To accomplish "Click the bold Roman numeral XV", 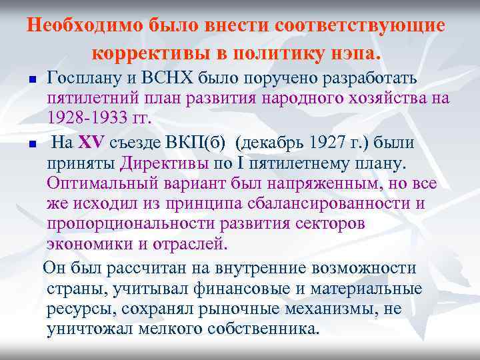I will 88,143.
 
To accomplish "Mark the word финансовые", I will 238,289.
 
